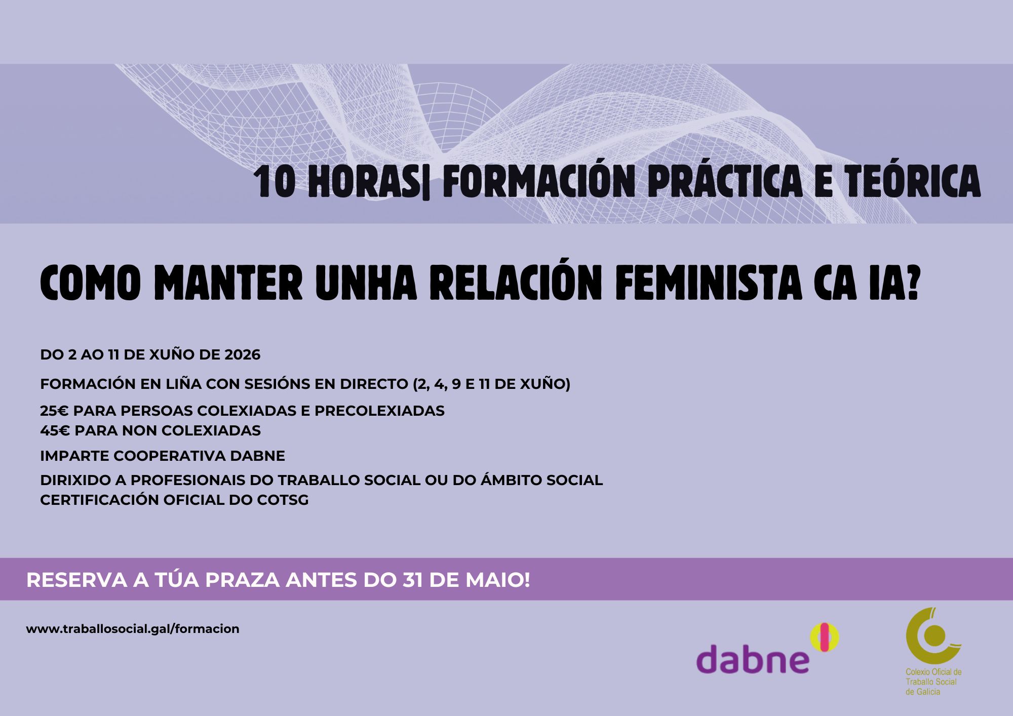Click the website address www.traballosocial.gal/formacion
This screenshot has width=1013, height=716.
click(x=133, y=629)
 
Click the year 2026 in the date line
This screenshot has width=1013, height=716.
click(x=242, y=355)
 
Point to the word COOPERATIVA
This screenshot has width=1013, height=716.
click(x=170, y=456)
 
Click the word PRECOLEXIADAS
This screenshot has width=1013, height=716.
click(x=379, y=411)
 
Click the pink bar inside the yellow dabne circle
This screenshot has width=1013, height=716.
click(x=825, y=637)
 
